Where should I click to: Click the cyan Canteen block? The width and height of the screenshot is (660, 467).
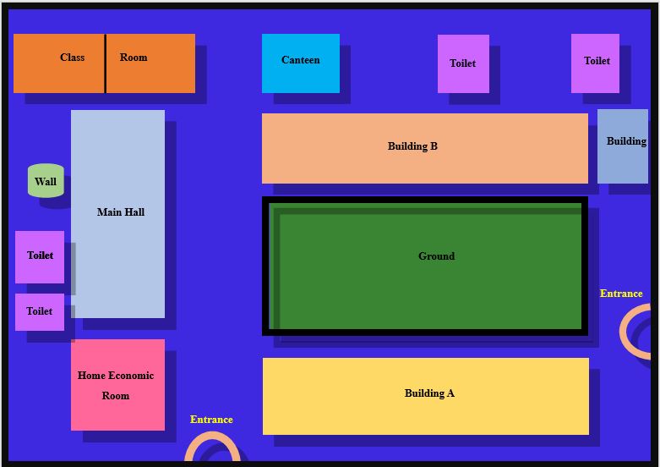[301, 63]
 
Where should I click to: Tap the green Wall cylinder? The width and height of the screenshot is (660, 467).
[46, 180]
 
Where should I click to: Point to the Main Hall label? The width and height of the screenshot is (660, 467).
[121, 212]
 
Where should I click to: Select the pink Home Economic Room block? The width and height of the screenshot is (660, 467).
[117, 385]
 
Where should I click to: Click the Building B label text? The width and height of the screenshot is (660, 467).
[412, 146]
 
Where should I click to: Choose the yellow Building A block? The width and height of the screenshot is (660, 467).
[426, 396]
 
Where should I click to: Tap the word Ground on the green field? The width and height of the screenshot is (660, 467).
[437, 256]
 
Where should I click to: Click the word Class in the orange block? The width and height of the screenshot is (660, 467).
[73, 58]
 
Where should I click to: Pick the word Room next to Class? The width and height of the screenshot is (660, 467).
[134, 58]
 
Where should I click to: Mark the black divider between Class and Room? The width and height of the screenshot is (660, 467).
[106, 63]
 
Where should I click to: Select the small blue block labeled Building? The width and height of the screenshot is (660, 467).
[623, 146]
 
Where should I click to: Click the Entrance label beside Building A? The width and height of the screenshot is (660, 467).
[211, 420]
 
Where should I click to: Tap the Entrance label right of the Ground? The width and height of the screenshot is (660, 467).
[621, 294]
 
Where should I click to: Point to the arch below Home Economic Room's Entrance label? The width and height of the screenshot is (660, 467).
[213, 435]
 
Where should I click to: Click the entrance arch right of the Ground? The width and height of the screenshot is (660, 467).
[623, 332]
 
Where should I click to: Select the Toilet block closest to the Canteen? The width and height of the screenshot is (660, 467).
[463, 63]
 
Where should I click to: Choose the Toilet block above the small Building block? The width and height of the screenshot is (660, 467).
[595, 63]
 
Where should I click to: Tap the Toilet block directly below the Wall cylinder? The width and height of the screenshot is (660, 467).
[40, 257]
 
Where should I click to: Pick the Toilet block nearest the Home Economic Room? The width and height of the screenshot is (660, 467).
[40, 312]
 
